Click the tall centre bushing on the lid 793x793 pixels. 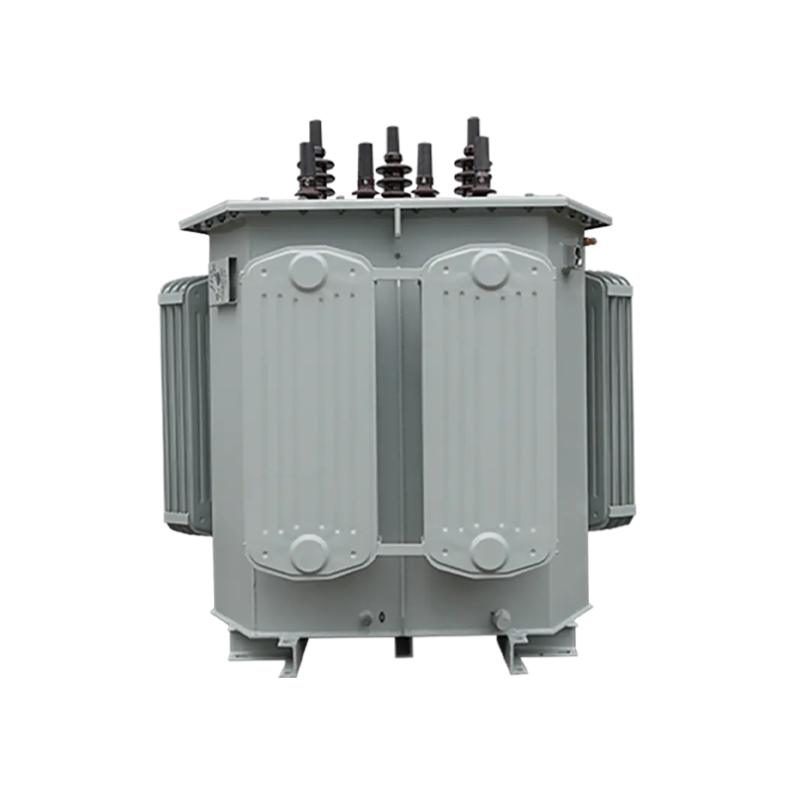[393, 167]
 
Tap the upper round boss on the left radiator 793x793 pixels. [307, 271]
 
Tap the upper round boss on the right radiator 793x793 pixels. [490, 270]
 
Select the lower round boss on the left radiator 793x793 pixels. [308, 552]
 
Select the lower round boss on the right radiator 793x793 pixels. [490, 551]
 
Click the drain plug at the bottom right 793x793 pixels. [502, 620]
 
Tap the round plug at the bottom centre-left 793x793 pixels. [366, 619]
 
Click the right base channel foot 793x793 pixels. [511, 655]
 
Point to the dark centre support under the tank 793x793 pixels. [402, 646]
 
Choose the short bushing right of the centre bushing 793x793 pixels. [424, 170]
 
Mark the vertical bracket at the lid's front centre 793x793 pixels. [396, 222]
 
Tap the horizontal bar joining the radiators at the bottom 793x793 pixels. [399, 549]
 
